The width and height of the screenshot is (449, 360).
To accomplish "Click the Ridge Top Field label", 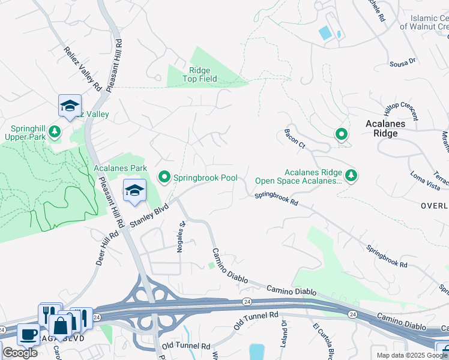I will (x=200, y=74).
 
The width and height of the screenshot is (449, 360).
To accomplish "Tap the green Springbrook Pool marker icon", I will (x=164, y=177).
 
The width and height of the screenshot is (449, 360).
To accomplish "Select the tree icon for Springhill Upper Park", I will (x=55, y=131).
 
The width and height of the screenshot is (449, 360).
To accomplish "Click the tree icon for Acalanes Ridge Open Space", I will (x=351, y=175).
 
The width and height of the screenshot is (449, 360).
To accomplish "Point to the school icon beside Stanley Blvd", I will (x=135, y=191).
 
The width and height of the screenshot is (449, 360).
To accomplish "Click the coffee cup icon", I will (x=28, y=334).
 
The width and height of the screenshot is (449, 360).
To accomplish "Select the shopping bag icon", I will (x=60, y=326).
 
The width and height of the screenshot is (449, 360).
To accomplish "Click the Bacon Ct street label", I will (x=295, y=139).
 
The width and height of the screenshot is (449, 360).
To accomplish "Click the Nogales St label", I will (x=179, y=236).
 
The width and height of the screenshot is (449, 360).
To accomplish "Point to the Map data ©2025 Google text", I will (x=412, y=355).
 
